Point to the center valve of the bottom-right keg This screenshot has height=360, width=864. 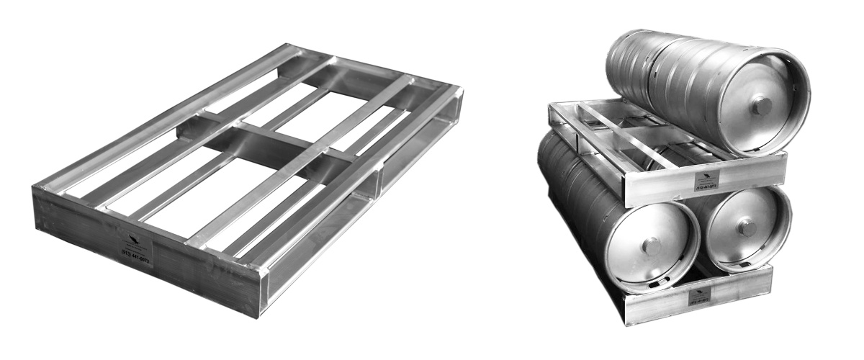[x=748, y=228]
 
